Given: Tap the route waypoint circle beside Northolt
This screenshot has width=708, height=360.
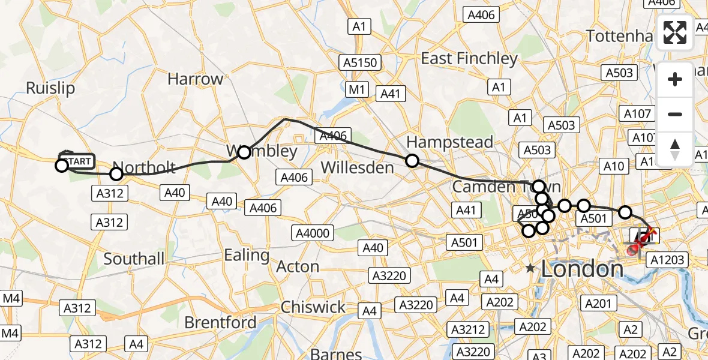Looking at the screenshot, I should pyautogui.click(x=116, y=174).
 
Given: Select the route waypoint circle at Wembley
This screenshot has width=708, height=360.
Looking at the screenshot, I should pyautogui.click(x=244, y=152).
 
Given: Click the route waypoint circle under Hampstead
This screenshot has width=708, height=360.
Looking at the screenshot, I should pyautogui.click(x=412, y=160).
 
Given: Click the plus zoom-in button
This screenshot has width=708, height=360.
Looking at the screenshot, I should pyautogui.click(x=676, y=79).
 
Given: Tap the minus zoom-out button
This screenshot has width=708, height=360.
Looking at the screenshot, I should pyautogui.click(x=676, y=114).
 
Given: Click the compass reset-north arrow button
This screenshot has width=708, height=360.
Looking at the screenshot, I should pyautogui.click(x=676, y=149).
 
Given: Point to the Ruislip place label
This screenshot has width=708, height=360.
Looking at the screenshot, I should pyautogui.click(x=50, y=88).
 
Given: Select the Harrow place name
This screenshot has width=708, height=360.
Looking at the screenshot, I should pyautogui.click(x=195, y=79).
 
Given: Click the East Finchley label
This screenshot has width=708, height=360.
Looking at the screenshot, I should pyautogui.click(x=469, y=58).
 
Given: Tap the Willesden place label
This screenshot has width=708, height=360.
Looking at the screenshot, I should pyautogui.click(x=358, y=167).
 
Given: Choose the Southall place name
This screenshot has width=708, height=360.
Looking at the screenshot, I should pyautogui.click(x=134, y=259).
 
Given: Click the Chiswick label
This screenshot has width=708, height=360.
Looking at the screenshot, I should pyautogui.click(x=314, y=307).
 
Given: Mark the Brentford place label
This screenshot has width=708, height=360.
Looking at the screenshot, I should pyautogui.click(x=220, y=323).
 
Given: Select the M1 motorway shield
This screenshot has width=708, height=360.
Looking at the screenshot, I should pyautogui.click(x=358, y=90).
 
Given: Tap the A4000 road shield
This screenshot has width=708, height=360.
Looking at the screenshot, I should pyautogui.click(x=314, y=232).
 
